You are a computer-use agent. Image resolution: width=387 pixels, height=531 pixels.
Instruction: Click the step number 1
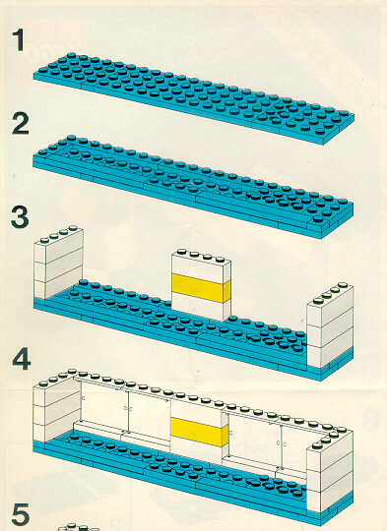[19, 40]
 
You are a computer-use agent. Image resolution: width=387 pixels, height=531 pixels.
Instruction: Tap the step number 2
[21, 124]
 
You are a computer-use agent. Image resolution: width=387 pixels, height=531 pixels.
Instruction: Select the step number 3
[20, 217]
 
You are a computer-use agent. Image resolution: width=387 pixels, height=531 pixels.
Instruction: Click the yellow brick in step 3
[201, 288]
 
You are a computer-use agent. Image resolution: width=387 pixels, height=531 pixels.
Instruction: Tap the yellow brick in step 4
[199, 432]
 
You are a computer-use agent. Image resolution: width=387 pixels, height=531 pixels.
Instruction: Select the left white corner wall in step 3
[58, 263]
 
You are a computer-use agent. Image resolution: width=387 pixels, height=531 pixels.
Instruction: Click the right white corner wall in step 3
[330, 325]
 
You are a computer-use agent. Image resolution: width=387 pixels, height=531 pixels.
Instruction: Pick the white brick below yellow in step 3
[200, 307]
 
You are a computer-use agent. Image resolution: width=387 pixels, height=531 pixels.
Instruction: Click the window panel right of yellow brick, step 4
[253, 436]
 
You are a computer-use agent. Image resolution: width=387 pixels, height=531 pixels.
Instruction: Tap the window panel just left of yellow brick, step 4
[150, 416]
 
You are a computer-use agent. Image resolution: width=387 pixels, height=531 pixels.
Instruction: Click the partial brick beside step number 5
[79, 528]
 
